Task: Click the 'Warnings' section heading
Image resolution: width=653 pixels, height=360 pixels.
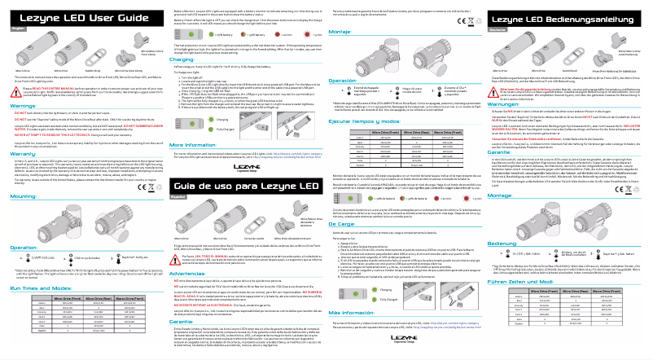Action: [x=21, y=106]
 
